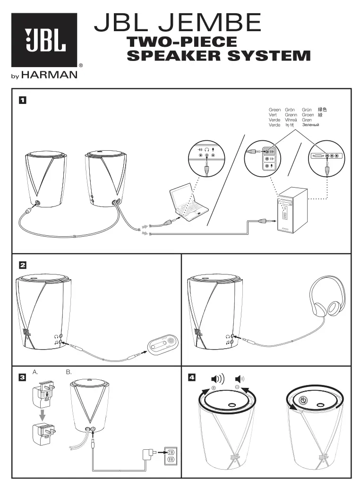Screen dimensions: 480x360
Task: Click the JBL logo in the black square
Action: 44,40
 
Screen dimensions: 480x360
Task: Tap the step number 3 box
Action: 22,377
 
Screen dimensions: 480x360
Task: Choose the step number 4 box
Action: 191,377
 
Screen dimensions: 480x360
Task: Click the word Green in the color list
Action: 274,110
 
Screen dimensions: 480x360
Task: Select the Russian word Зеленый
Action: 310,125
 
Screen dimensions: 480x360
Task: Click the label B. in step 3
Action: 69,372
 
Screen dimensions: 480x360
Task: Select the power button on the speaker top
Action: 304,400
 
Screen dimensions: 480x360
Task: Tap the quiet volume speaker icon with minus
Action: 240,379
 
